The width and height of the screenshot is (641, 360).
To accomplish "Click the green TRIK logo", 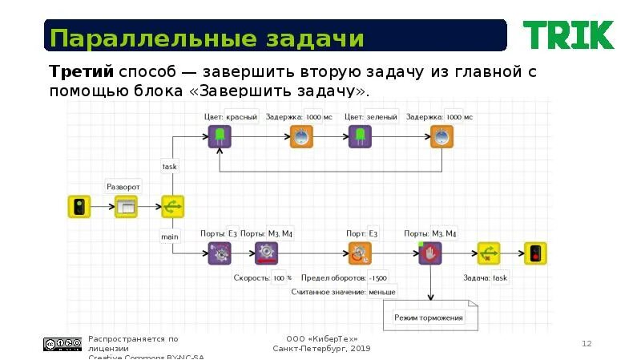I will [x=568, y=35].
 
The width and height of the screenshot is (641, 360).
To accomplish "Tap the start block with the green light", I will [x=79, y=207].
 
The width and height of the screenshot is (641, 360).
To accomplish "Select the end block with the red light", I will [x=535, y=253].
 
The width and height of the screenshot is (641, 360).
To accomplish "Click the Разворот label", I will [x=123, y=187].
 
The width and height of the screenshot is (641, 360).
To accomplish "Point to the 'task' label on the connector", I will [x=170, y=167].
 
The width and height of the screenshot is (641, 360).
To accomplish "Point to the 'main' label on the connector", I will [x=170, y=237].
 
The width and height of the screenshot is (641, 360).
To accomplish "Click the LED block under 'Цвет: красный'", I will [x=220, y=137].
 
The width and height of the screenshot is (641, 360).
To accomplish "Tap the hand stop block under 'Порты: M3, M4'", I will [x=430, y=253].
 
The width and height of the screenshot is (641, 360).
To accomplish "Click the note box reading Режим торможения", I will [x=429, y=318].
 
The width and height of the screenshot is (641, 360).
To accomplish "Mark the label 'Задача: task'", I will [x=486, y=278].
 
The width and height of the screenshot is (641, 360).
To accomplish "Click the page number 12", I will [x=586, y=343].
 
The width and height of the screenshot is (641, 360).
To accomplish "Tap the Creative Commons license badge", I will [x=62, y=344].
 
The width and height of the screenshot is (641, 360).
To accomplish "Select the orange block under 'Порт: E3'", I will [x=360, y=253].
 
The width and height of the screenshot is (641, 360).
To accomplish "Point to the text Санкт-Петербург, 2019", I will [x=321, y=349].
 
